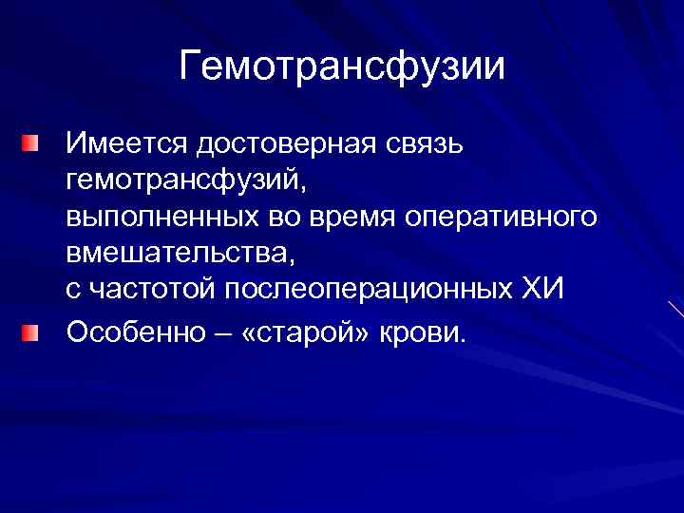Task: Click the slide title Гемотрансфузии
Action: [x=342, y=67]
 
